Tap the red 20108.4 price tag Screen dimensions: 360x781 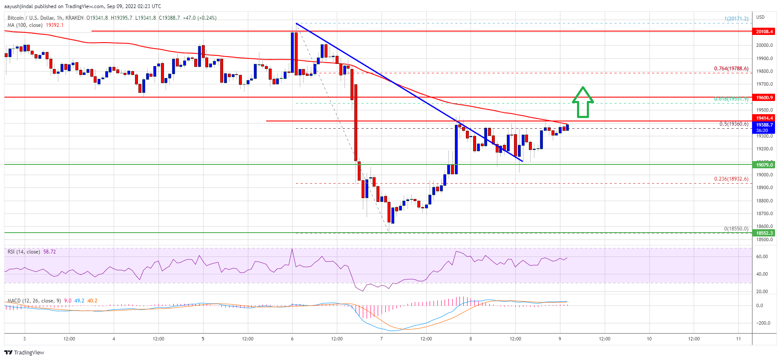coord(764,32)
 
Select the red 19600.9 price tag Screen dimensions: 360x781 coord(764,98)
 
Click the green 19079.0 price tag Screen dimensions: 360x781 coord(764,165)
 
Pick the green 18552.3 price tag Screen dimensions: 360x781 coord(764,233)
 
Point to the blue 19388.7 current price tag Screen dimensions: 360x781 coord(764,125)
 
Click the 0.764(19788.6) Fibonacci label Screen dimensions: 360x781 coord(731,69)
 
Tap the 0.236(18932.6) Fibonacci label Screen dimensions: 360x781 coord(731,179)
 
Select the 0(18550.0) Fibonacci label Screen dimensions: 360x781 coord(736,229)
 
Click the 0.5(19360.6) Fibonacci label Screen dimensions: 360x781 coord(733,124)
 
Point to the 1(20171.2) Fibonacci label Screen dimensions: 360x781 coord(736,19)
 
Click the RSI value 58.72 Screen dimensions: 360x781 coord(49,252)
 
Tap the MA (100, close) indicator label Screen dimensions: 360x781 coord(25,25)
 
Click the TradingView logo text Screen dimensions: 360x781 coord(29,352)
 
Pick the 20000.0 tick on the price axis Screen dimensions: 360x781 coord(764,46)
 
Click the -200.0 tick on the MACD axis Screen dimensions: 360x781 coord(763,323)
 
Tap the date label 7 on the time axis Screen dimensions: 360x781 coord(382,339)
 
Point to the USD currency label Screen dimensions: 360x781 coord(760,17)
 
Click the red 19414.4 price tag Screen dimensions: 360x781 coord(764,118)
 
